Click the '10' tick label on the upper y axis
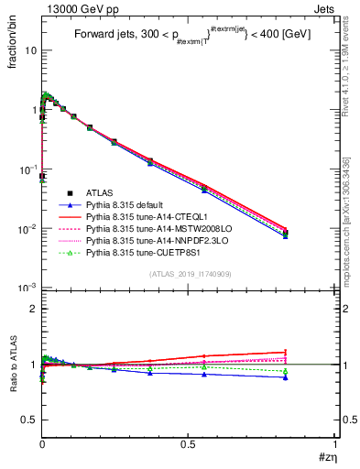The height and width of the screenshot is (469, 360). (29, 50)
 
